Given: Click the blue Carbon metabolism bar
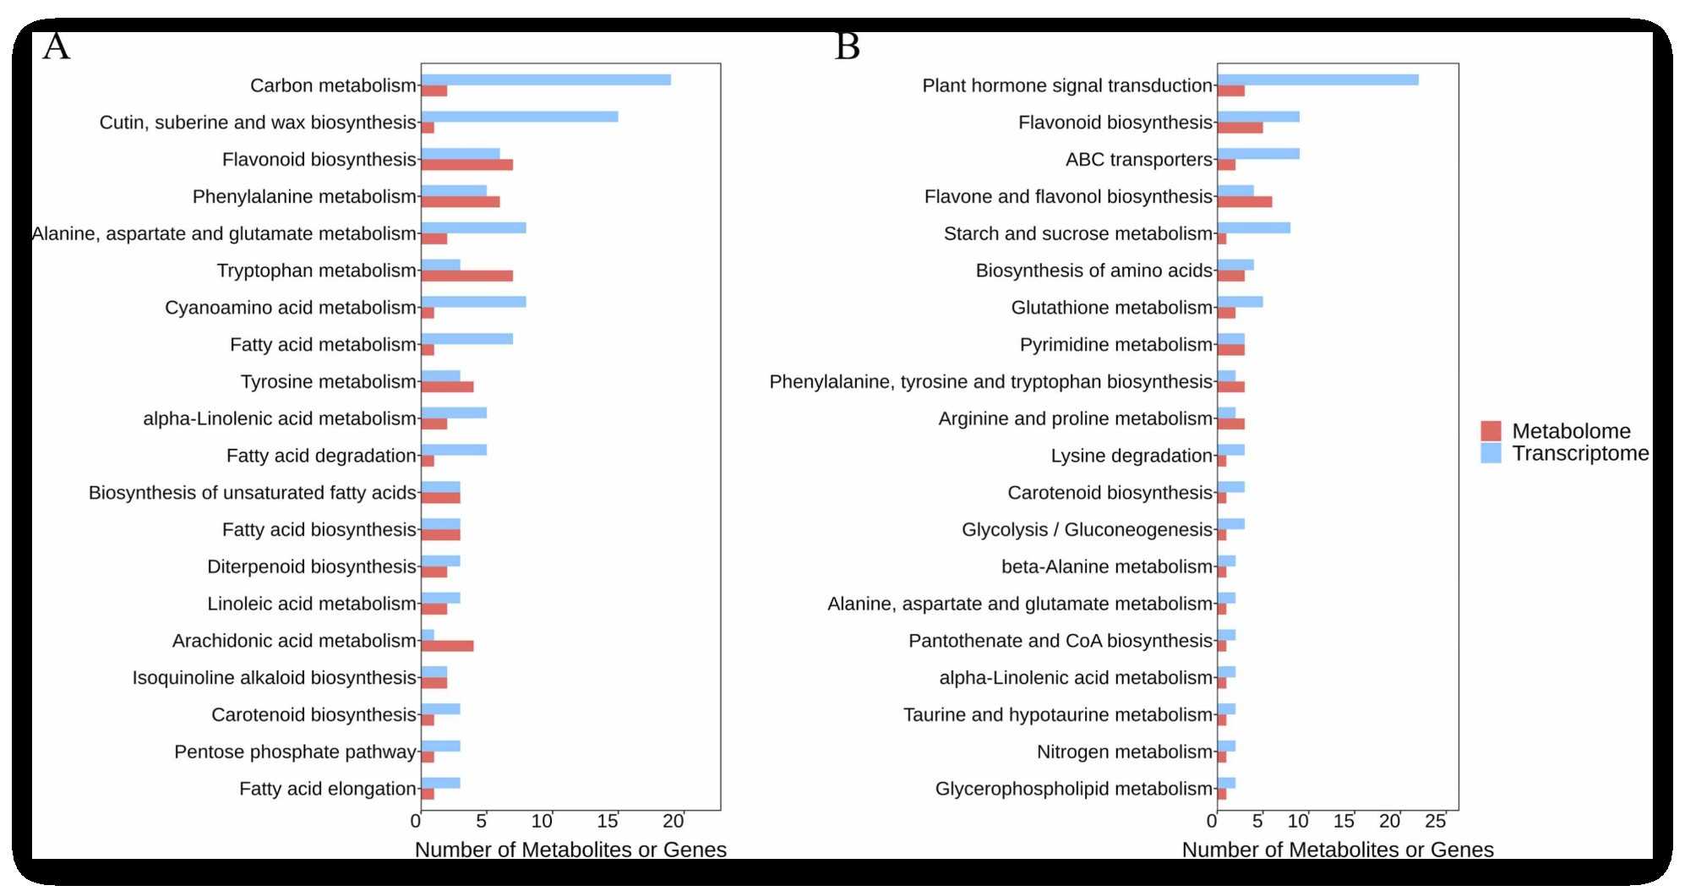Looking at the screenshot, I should click(546, 79).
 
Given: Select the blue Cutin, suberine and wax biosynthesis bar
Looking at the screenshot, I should click(520, 117).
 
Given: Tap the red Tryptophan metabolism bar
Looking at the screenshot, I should click(467, 276).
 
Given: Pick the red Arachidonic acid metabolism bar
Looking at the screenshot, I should click(448, 646).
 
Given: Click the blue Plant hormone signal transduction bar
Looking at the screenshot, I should click(1317, 79).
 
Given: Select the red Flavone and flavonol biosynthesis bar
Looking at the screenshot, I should click(1245, 202).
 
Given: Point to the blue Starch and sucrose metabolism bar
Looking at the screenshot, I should click(1254, 227).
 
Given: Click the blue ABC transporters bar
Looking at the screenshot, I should click(1258, 154).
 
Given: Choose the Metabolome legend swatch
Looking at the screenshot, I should click(1491, 431).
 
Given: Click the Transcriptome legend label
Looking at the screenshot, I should click(1579, 454).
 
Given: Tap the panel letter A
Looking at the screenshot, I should click(56, 46).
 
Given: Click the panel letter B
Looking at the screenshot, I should click(848, 46).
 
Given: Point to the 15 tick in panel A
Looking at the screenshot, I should click(608, 821).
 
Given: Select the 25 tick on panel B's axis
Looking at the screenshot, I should click(1436, 821).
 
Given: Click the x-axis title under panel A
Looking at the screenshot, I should click(570, 850).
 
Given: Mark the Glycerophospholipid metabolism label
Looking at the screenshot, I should click(1073, 789).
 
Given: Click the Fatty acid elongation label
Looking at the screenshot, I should click(327, 789).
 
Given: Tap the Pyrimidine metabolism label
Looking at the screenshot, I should click(1115, 345).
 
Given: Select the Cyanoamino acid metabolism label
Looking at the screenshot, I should click(290, 308).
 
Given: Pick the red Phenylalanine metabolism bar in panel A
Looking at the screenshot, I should click(461, 202).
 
